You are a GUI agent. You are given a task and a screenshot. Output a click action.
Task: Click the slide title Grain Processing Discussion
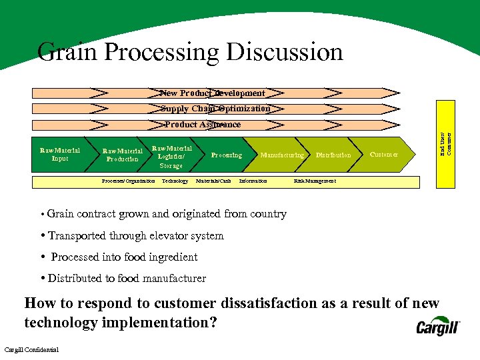click(190, 52)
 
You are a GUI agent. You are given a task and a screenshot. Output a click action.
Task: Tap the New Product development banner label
click(213, 93)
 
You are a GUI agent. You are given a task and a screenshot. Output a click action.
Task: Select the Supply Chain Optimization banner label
click(215, 109)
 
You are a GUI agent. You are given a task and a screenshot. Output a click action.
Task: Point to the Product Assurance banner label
click(203, 125)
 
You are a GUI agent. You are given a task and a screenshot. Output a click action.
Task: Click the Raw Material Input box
click(60, 155)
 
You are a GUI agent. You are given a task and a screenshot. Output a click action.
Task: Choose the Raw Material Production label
click(122, 155)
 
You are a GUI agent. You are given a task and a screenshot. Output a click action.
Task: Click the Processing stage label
click(226, 155)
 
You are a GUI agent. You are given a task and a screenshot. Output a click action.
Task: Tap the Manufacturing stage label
click(281, 155)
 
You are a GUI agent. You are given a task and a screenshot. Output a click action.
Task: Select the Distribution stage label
click(333, 155)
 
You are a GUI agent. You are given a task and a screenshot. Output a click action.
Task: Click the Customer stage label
click(384, 155)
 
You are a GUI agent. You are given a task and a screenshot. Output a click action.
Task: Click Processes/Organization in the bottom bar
click(128, 181)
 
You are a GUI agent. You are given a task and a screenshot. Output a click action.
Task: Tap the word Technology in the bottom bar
click(175, 181)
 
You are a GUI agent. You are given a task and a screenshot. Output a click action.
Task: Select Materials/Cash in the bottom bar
click(213, 181)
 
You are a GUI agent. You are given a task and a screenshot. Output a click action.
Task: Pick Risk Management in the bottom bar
click(315, 181)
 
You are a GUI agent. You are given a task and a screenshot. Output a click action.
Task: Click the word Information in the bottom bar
click(253, 181)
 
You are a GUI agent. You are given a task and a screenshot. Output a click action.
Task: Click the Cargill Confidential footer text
click(31, 350)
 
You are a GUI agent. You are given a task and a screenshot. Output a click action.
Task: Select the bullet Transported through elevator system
click(135, 235)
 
